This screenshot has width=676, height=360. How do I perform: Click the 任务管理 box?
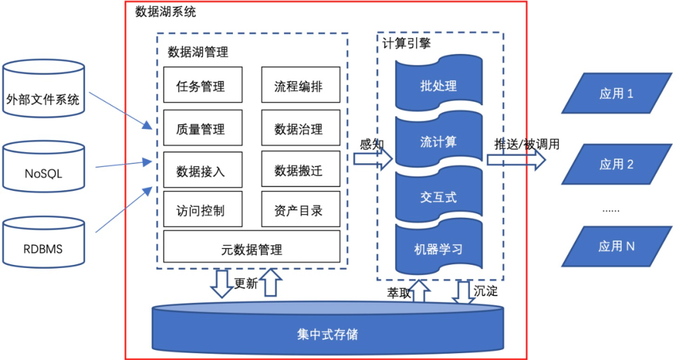coord(202,86)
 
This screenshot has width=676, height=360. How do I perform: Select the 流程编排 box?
coord(300,86)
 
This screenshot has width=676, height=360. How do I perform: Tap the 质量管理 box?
coord(202,129)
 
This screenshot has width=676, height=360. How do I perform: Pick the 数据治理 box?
coord(300,129)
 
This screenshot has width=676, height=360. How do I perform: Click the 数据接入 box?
coord(202,170)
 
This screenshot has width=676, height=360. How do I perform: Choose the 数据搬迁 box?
coord(300,170)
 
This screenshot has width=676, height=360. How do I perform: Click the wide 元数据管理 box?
coord(252,249)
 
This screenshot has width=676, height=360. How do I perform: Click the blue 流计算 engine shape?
coord(439,141)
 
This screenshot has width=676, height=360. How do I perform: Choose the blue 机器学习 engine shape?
coord(439,248)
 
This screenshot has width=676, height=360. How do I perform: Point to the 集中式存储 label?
coord(327,333)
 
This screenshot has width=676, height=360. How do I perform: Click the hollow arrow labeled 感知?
coord(372,159)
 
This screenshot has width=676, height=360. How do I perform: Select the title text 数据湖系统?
coord(165,11)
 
